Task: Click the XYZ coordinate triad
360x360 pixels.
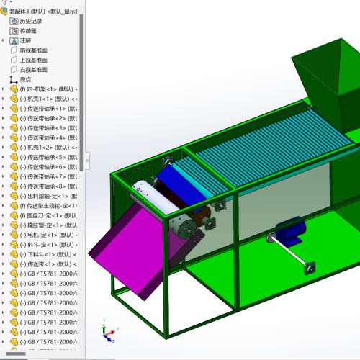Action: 109,332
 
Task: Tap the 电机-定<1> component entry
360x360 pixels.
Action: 47,235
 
